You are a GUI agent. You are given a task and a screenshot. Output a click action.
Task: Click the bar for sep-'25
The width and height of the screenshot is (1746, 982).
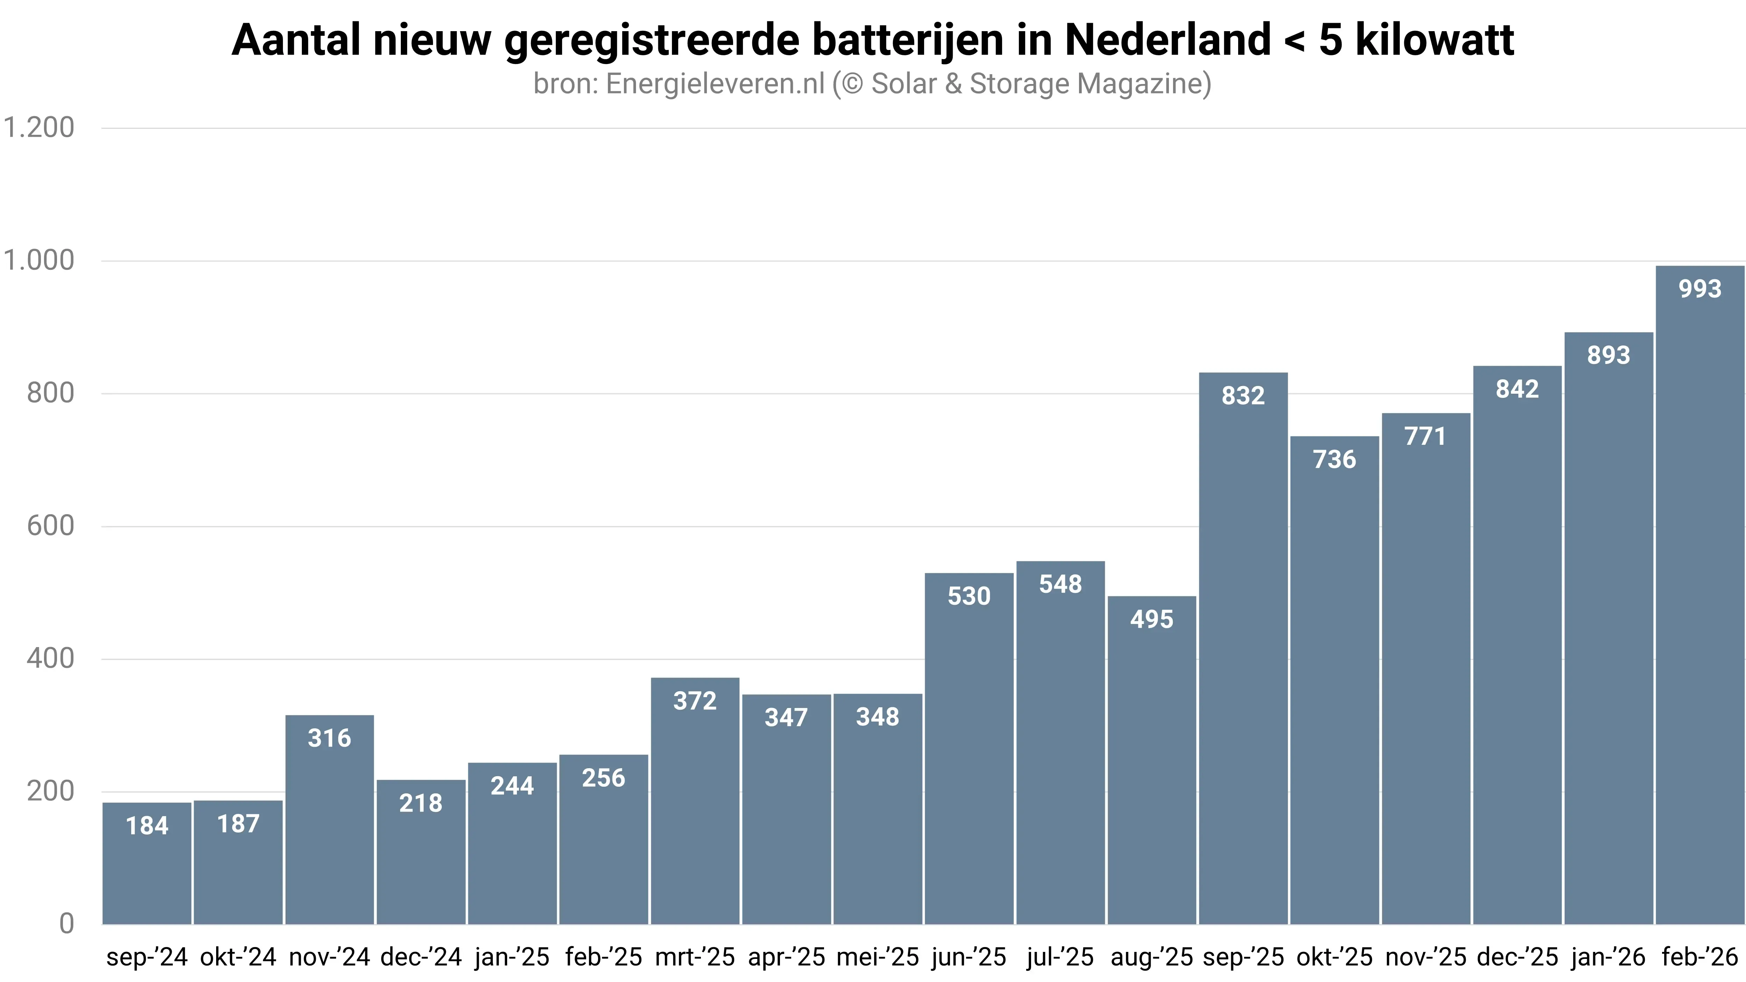(x=1243, y=651)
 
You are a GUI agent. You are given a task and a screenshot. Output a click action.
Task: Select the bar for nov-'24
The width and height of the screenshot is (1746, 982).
(x=329, y=821)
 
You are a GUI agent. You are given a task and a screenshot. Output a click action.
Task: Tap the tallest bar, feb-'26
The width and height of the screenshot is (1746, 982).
(x=1699, y=597)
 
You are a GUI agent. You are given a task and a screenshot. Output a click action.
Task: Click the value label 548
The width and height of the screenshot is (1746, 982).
(x=1060, y=584)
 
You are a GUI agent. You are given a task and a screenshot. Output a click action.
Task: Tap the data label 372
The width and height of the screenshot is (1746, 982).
(x=695, y=701)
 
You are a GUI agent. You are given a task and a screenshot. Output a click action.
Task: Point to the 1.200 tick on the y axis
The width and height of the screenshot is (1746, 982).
(x=38, y=127)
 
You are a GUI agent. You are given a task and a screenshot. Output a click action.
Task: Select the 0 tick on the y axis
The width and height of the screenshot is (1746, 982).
(x=66, y=924)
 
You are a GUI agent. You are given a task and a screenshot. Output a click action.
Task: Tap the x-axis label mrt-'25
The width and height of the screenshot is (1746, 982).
(x=695, y=957)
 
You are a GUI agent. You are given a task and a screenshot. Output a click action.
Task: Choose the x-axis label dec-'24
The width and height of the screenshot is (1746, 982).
(x=421, y=957)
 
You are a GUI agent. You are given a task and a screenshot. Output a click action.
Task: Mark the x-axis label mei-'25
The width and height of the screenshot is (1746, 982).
(x=878, y=957)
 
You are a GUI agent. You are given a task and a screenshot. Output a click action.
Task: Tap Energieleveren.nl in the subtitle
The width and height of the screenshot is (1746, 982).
(x=715, y=84)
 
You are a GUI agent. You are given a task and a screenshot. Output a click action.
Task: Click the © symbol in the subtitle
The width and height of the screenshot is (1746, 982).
(x=851, y=84)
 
